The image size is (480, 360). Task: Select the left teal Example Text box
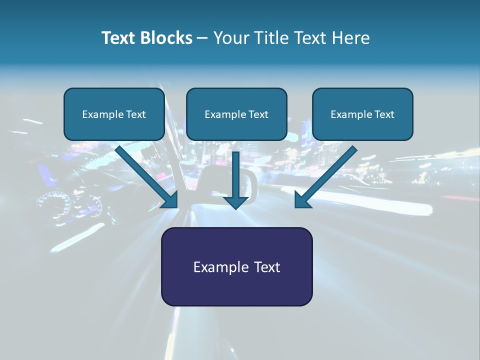tap(114, 114)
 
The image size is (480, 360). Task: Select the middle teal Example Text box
tap(236, 114)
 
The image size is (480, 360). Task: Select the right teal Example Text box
tap(362, 114)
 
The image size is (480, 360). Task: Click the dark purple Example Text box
tap(236, 266)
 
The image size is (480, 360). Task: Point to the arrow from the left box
tap(145, 175)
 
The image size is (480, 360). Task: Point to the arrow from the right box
tap(327, 175)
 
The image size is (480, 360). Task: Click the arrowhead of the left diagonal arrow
tap(170, 200)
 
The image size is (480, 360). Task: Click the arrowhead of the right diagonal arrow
tap(302, 200)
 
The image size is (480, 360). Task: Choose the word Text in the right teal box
tap(384, 114)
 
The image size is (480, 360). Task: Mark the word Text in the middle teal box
tap(258, 114)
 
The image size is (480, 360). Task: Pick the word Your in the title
tap(229, 38)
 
